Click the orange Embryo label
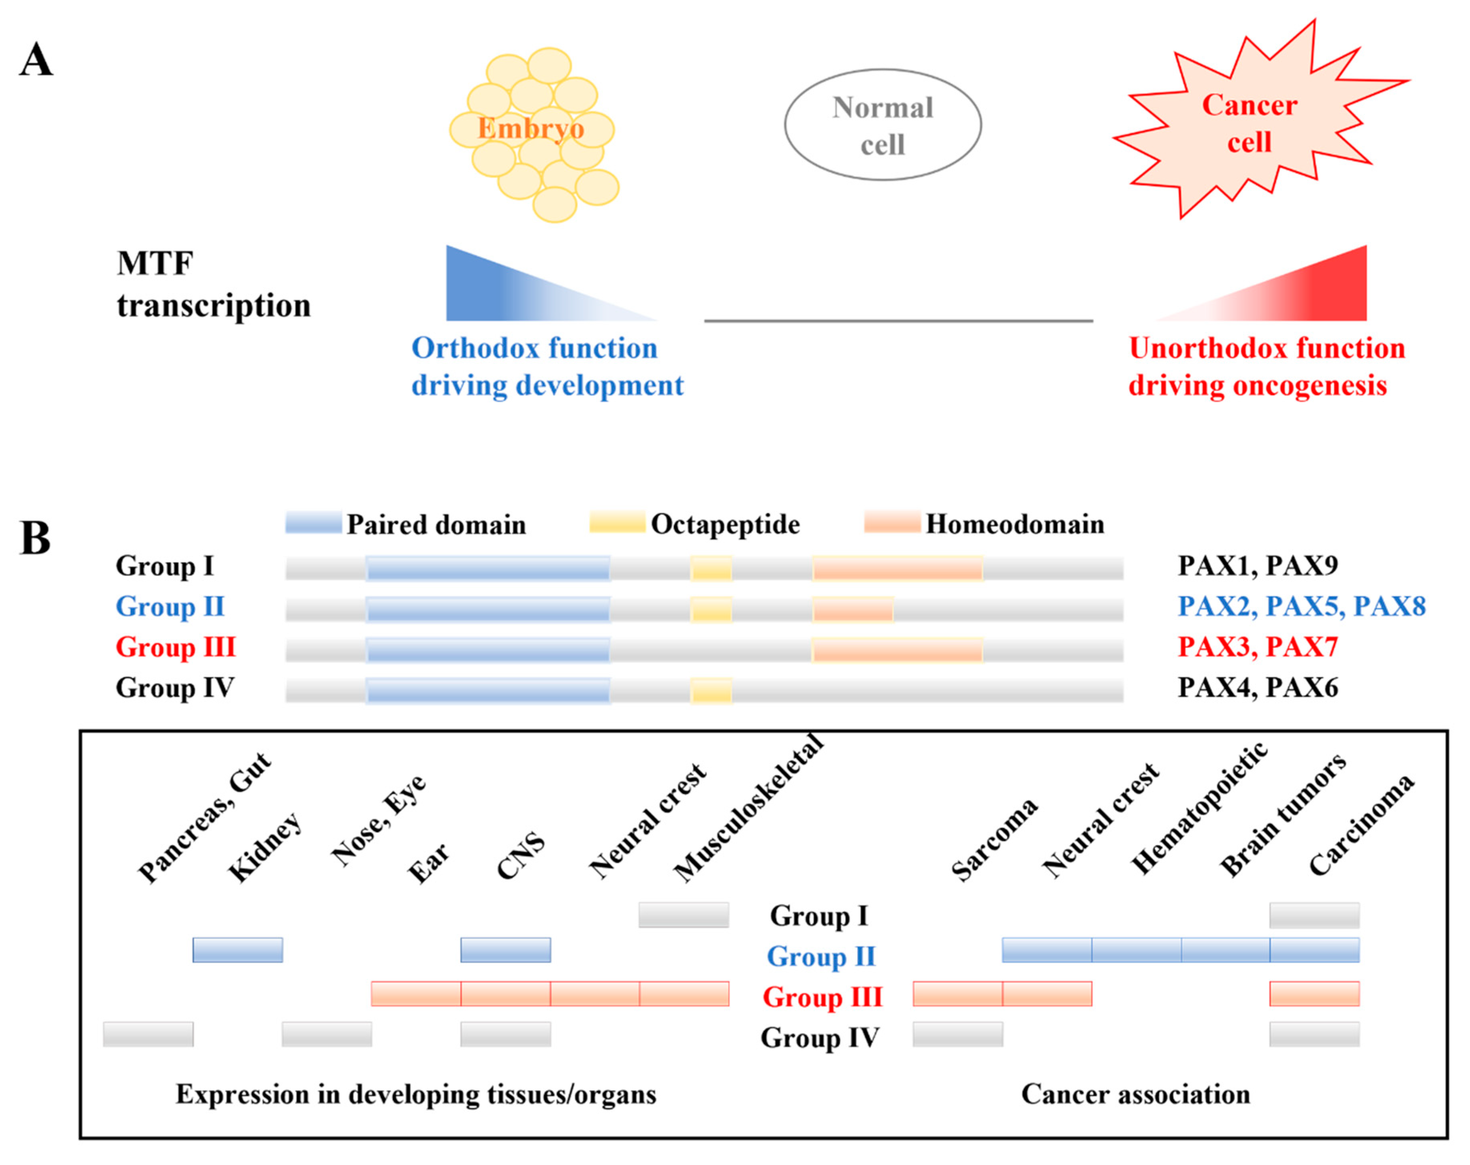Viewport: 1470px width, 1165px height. pos(530,128)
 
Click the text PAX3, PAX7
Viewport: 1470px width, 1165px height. pos(1258,646)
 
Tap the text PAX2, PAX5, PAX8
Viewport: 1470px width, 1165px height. pos(1302,606)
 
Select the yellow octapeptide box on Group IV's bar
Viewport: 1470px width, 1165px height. pos(711,690)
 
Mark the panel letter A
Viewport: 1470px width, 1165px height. pos(36,60)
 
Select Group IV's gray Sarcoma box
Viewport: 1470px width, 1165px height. pos(957,1034)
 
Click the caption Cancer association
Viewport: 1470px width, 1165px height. pos(1135,1094)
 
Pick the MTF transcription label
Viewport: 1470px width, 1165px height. pos(213,284)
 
